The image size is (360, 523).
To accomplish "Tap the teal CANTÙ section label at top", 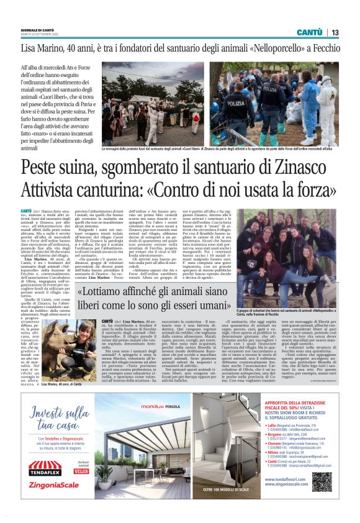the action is click(308, 32).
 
